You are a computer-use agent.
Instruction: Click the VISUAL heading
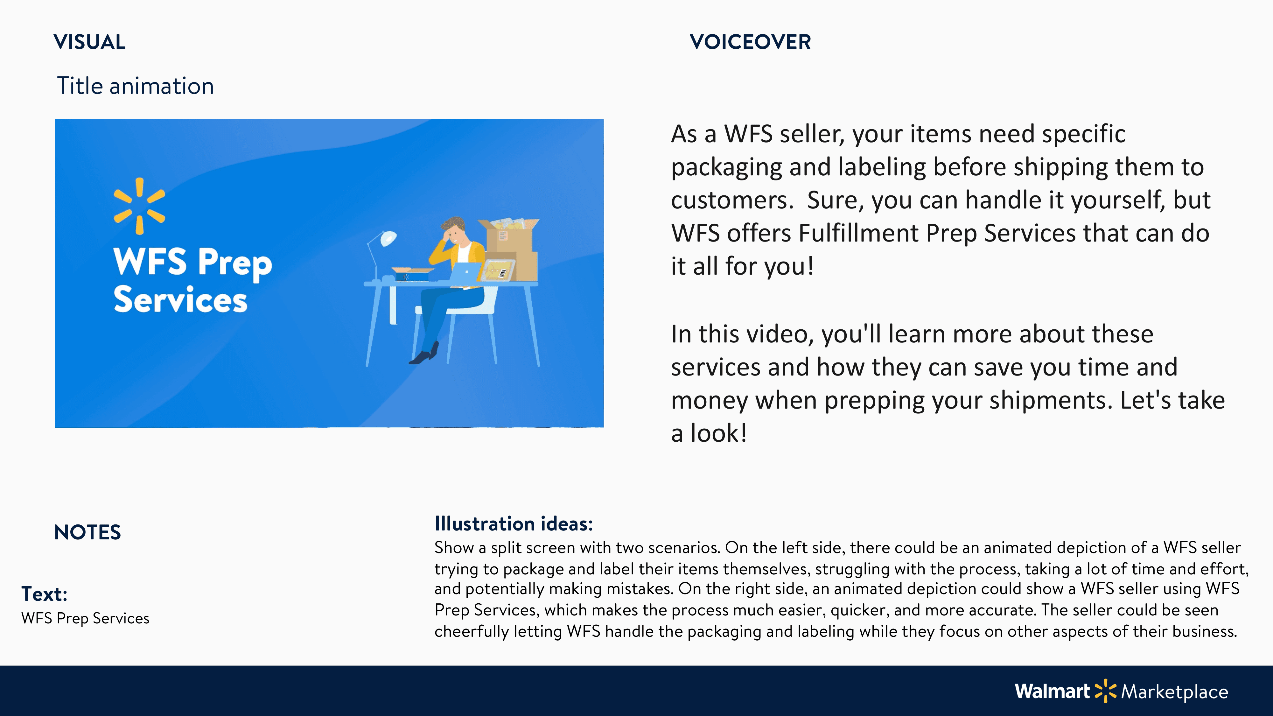click(89, 42)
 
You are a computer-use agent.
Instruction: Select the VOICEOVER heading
click(750, 42)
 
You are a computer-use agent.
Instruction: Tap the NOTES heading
click(87, 532)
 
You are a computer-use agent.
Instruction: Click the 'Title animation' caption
click(136, 86)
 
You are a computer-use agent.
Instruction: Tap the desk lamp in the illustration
click(381, 255)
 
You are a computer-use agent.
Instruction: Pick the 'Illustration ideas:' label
click(514, 524)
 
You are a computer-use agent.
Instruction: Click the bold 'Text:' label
click(44, 594)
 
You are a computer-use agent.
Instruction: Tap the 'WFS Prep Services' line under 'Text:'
click(85, 618)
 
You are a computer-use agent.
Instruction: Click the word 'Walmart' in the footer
click(1052, 691)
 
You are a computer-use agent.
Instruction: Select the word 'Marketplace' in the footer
click(1175, 692)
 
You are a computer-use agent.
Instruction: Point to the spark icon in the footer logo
click(1105, 691)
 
